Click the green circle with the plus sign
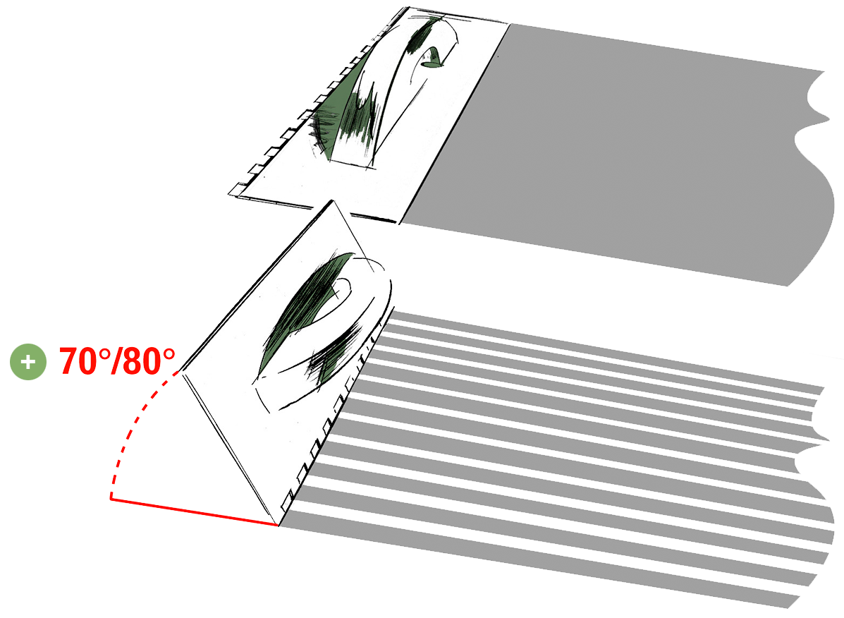click(28, 362)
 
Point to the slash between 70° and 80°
click(115, 360)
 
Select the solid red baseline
click(195, 511)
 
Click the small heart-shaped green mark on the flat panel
click(432, 58)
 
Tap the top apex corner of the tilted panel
click(332, 201)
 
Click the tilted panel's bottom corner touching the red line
click(278, 525)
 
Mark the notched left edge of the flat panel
click(317, 102)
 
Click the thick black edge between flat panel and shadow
click(455, 123)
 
